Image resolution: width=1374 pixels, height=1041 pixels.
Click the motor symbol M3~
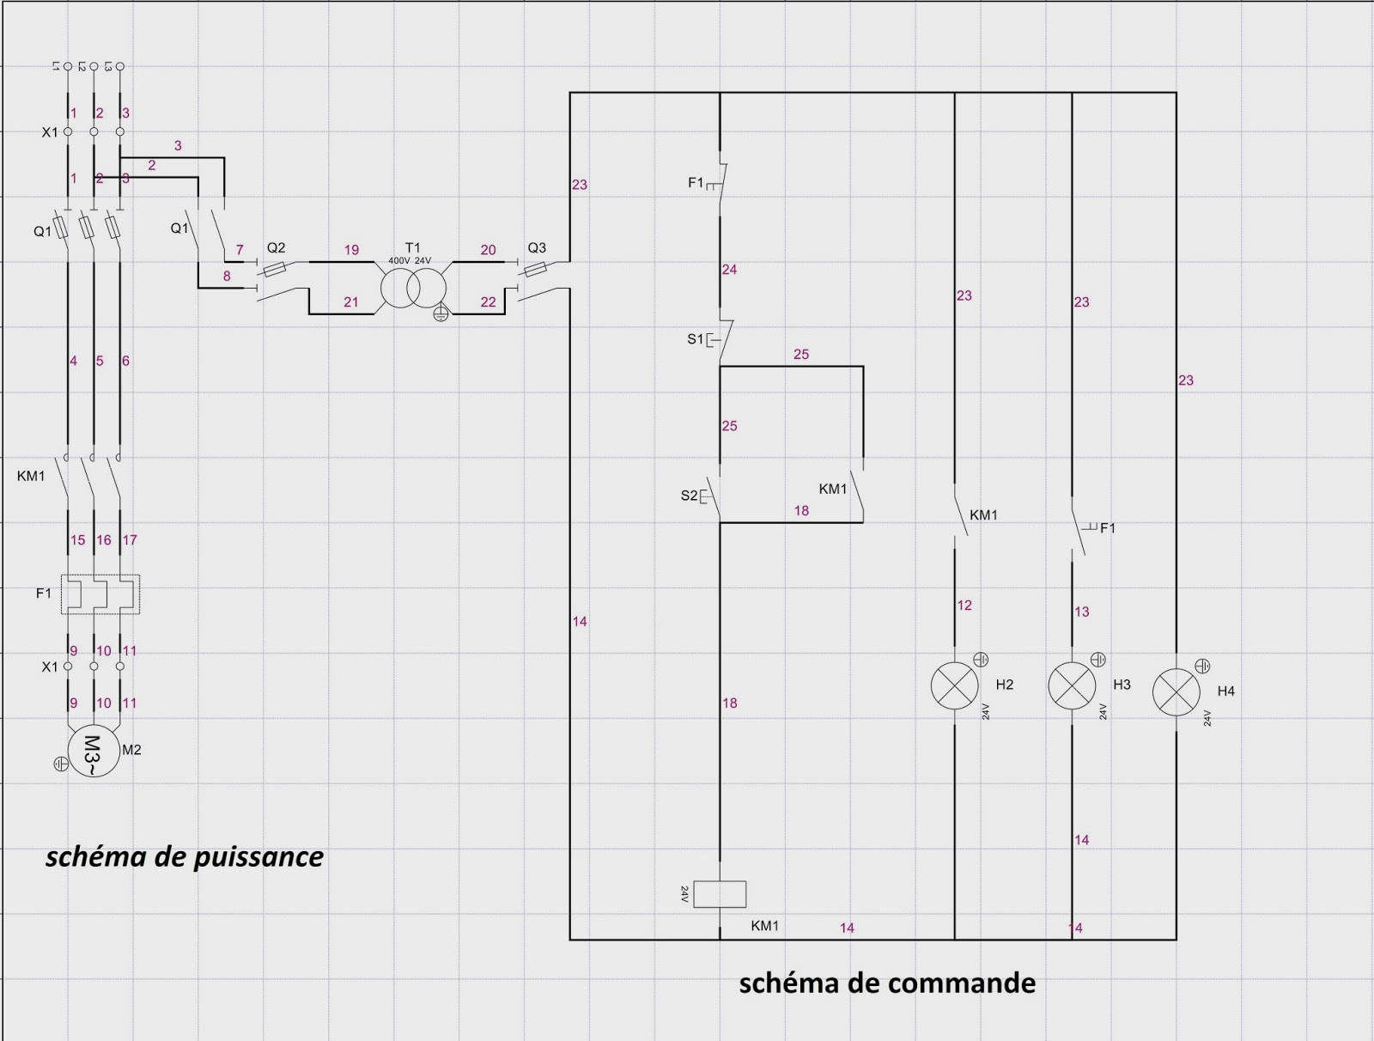coord(93,752)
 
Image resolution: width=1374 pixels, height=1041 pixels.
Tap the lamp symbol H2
coord(955,686)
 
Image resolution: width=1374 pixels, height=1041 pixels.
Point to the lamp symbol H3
coord(1072,686)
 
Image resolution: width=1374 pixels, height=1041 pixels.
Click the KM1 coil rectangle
coord(720,894)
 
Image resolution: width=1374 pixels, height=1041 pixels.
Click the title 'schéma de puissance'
coord(185,856)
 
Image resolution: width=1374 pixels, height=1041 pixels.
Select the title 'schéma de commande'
coord(887,983)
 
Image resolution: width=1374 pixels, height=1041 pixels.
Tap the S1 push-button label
coord(695,339)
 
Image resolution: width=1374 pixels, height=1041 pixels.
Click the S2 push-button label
coord(689,496)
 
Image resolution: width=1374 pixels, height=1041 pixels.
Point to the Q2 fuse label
coord(276,247)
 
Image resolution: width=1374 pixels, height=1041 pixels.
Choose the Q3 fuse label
coord(537,247)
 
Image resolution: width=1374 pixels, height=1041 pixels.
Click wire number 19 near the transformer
coord(351,250)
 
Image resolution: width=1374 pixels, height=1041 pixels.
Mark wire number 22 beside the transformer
coord(488,302)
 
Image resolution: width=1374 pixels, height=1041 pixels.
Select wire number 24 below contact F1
coord(729,270)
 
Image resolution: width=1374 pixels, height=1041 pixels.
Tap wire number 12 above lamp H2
coord(964,606)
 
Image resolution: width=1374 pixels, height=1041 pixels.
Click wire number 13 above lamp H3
coord(1081,612)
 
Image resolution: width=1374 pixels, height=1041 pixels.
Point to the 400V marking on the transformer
coord(398,260)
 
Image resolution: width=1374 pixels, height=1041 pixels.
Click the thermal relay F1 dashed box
coord(100,594)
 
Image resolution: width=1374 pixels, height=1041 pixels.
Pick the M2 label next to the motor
coord(131,750)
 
